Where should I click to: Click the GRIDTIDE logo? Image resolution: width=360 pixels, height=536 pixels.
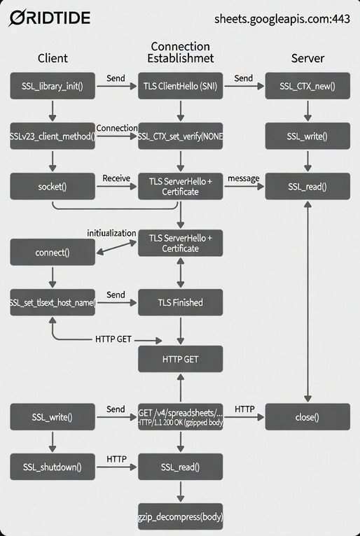coord(49,17)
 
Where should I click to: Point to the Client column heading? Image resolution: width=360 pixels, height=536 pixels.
coord(53,58)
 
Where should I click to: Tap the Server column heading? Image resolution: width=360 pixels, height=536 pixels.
coord(307,58)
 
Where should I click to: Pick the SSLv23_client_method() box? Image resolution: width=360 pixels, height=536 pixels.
coord(53,136)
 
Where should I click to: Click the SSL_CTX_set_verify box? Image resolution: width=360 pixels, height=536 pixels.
coord(181,136)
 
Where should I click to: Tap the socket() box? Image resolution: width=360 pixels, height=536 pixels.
coord(53,187)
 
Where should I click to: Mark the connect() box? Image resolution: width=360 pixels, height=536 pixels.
coord(53,252)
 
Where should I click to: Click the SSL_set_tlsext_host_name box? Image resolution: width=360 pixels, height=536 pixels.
coord(53,302)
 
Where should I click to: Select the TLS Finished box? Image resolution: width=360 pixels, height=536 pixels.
coord(181,302)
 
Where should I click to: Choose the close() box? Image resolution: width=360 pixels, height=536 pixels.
coord(307,417)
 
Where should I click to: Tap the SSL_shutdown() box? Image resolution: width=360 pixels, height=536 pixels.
coord(53,466)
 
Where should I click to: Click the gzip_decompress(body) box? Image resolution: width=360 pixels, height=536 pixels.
coord(181,519)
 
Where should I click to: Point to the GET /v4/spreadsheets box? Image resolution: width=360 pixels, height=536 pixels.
coord(181,417)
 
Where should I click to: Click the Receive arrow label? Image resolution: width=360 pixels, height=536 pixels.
coord(116,178)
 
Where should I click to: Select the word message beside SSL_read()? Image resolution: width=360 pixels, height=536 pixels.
coord(243,178)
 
